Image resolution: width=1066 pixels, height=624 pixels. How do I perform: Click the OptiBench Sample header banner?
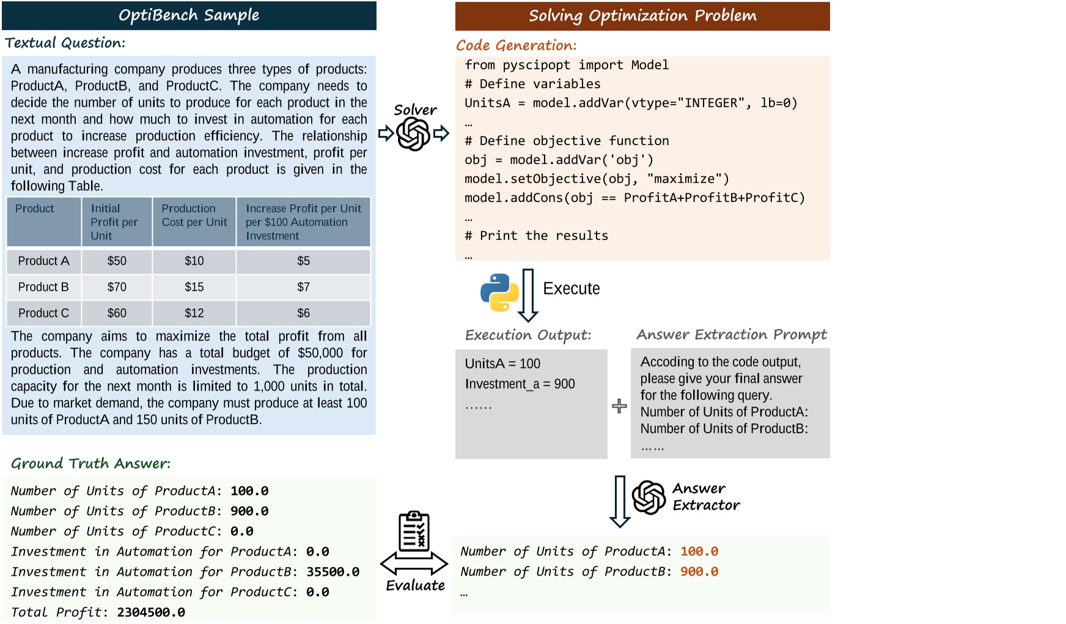(x=189, y=15)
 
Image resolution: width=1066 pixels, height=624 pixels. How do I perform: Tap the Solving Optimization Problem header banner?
(x=642, y=16)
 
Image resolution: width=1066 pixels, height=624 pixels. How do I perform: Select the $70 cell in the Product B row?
(x=117, y=287)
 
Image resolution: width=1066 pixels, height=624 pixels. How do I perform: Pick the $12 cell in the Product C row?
(x=194, y=313)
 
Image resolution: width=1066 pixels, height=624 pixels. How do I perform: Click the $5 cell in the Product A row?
(x=303, y=261)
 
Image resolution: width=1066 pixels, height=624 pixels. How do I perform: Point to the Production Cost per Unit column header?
(x=194, y=215)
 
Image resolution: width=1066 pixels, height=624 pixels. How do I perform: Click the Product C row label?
(x=43, y=313)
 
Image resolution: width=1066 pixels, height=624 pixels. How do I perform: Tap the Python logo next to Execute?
(x=499, y=292)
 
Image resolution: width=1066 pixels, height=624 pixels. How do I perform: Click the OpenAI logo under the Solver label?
(x=414, y=133)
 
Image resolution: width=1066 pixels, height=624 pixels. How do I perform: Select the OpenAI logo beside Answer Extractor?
(x=649, y=497)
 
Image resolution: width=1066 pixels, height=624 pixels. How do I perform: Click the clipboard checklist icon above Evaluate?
(x=414, y=531)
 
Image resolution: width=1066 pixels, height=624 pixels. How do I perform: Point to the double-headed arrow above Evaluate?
(x=414, y=563)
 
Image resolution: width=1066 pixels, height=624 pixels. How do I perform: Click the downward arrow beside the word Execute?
(x=528, y=295)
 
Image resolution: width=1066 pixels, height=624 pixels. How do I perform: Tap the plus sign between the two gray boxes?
(x=619, y=406)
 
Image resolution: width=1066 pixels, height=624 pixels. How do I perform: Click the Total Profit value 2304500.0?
(x=151, y=612)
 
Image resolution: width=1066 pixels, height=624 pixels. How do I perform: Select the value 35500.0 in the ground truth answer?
(x=333, y=572)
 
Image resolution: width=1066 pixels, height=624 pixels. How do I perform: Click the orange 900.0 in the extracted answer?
(x=699, y=572)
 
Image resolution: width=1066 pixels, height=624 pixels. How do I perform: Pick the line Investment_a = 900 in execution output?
(x=520, y=384)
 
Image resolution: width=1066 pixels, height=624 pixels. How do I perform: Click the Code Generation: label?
(x=516, y=45)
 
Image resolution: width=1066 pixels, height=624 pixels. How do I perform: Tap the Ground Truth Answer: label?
(x=90, y=463)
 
